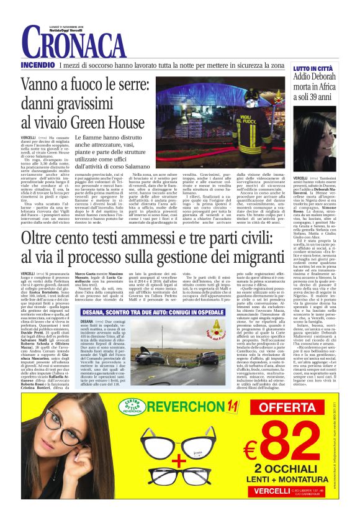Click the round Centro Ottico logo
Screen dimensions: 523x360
click(133, 406)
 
